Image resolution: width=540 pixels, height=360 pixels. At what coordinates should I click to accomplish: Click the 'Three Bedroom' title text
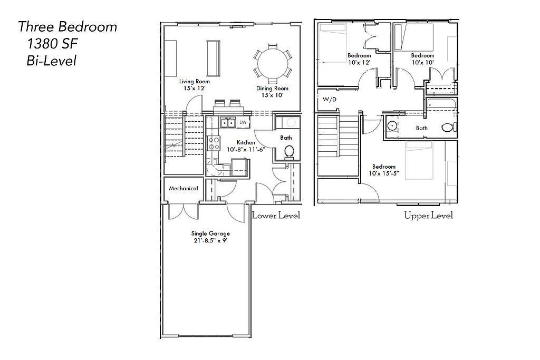[67, 27]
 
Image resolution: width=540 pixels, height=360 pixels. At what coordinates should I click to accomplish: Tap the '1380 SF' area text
[52, 44]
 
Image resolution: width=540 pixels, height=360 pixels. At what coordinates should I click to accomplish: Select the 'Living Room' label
[194, 82]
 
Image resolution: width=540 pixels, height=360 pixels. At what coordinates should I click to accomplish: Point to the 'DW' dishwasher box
[243, 122]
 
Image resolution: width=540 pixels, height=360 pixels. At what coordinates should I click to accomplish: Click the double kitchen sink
[228, 122]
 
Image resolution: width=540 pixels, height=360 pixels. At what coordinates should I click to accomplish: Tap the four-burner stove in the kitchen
[214, 143]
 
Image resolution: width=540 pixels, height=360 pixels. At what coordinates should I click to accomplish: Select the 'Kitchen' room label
[246, 142]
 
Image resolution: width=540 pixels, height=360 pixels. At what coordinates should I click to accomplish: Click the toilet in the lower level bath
[290, 152]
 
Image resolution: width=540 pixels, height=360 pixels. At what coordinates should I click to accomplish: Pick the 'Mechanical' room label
[184, 189]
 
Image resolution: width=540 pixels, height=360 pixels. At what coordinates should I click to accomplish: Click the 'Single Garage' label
[210, 233]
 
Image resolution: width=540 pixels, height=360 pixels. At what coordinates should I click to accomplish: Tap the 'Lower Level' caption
[276, 216]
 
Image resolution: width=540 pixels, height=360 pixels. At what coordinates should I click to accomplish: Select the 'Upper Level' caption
[428, 216]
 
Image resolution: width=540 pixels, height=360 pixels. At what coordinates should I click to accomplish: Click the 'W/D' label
[329, 100]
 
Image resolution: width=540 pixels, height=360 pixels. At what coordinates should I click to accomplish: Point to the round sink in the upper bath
[392, 126]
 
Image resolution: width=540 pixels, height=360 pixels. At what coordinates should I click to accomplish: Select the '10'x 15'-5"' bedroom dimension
[384, 173]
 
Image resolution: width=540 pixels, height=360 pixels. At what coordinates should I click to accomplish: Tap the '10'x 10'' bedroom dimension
[422, 62]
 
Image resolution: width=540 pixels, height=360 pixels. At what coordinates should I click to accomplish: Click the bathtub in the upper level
[441, 104]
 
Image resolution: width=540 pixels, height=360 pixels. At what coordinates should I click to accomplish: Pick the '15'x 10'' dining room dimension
[272, 95]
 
